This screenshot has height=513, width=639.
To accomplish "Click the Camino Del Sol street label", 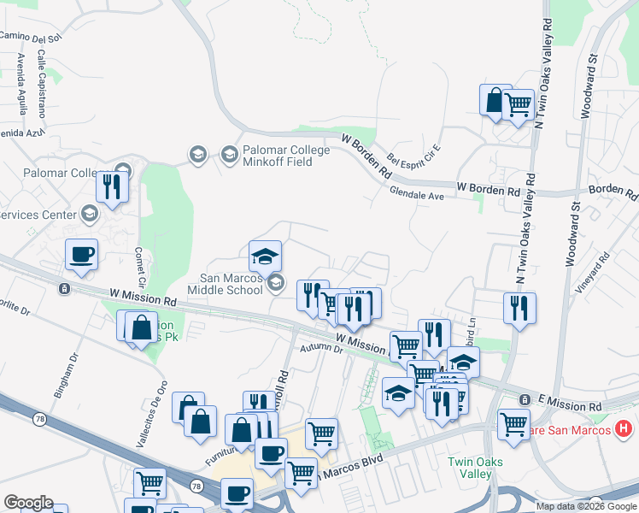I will click(31, 36).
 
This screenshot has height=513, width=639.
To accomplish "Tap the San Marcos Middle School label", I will click(231, 283).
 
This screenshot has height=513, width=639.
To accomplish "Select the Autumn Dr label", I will click(320, 349).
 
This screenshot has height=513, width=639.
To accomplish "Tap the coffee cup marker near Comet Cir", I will click(82, 254).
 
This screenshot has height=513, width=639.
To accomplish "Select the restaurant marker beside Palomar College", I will click(112, 186).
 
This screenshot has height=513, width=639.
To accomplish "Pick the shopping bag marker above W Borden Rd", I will click(495, 100).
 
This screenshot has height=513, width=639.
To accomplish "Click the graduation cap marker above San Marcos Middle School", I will click(265, 256).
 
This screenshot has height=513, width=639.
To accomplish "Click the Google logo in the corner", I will click(28, 503).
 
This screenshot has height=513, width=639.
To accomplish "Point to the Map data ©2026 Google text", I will click(586, 506).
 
